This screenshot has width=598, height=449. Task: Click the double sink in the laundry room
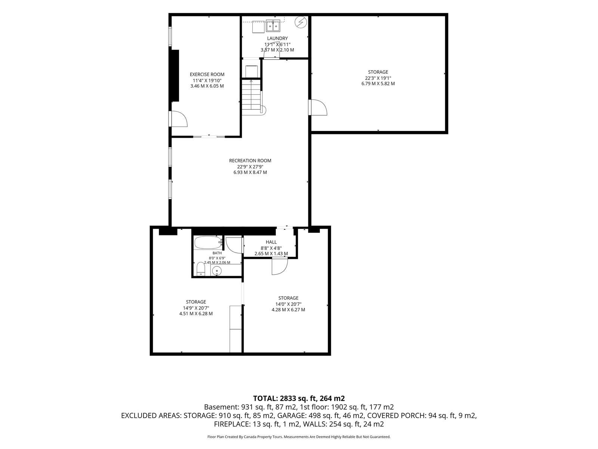(x=273, y=25)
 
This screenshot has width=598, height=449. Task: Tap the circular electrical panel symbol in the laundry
(x=301, y=22)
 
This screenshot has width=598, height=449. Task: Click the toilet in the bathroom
(x=200, y=269)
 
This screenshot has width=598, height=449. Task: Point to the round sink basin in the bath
(x=217, y=271)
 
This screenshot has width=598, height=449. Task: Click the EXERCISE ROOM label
(x=207, y=74)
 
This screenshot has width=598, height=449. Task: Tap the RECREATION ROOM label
(x=250, y=161)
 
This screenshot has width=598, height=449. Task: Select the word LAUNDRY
(x=277, y=39)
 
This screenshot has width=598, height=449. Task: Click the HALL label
(x=271, y=242)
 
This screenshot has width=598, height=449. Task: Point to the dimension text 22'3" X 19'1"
(x=378, y=78)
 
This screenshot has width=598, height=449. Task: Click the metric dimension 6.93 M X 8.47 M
(x=250, y=172)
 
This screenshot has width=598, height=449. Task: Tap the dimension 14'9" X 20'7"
(x=196, y=308)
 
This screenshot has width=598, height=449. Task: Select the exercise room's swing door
(x=178, y=119)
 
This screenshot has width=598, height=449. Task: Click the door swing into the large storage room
(x=318, y=107)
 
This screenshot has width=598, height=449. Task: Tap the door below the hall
(x=280, y=266)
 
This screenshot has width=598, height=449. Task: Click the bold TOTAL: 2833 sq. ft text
(x=284, y=398)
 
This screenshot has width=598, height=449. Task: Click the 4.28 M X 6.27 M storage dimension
(x=288, y=310)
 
